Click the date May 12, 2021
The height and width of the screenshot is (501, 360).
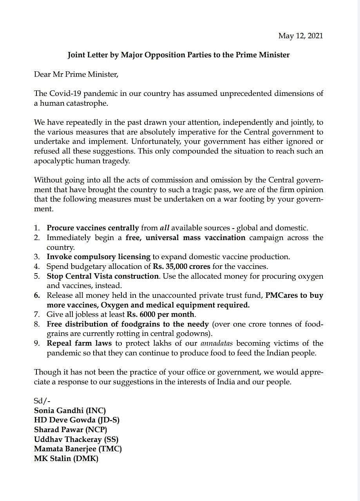pos(300,36)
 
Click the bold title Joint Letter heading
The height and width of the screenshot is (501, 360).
pos(178,55)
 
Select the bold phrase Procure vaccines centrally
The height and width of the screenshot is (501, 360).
pos(93,228)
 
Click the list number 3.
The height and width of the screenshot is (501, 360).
pos(37,257)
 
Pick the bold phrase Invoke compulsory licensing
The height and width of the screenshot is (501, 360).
pos(98,257)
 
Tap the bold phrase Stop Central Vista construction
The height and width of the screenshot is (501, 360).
pos(103,276)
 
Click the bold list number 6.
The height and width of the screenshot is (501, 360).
pos(37,295)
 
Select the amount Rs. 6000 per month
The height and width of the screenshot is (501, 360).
pos(161,314)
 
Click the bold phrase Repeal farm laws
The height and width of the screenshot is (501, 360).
pos(79,343)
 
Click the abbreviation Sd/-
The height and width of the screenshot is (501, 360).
pos(42,401)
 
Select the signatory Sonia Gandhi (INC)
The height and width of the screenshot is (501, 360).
pos(70,411)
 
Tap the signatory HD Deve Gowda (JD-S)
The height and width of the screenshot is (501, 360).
pos(77,420)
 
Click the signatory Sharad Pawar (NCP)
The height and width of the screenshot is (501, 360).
pos(71,429)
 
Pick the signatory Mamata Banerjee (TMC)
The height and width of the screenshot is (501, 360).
pos(78,449)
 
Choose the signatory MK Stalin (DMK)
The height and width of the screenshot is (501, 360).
pos(66,458)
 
